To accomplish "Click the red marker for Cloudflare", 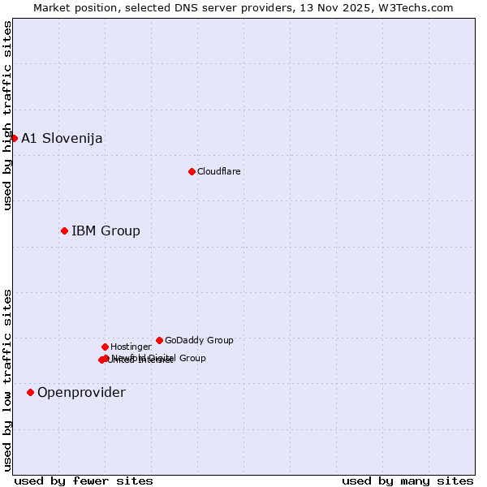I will coord(192,171).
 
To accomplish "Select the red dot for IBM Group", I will coord(64,231).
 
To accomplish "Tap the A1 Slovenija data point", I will coord(14,138).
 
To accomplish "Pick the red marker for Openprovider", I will coord(30,393).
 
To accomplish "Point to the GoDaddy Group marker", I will coord(159,340).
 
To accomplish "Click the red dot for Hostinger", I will coord(105,347).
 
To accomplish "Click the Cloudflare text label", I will coord(219,171).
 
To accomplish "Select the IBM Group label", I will coord(106,231).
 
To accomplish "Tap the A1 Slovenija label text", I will coord(62,138).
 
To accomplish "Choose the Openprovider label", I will coord(81,393).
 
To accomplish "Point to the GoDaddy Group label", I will coord(199,340).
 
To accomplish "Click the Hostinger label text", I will coord(131,347).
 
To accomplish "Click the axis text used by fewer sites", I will coord(84,481).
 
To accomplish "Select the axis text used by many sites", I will coord(407,481).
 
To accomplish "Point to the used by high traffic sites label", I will coord(7,115).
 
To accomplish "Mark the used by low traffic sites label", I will coord(7,379).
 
